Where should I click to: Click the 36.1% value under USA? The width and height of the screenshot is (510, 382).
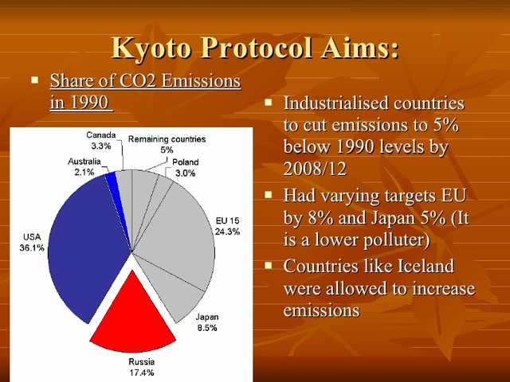tap(31, 248)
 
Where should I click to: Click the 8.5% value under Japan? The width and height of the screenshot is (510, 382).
tap(206, 327)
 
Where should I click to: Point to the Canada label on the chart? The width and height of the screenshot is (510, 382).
tap(101, 135)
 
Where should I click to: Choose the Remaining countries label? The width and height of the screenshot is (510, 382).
tap(167, 139)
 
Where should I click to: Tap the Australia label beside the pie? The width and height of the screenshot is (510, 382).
tap(84, 162)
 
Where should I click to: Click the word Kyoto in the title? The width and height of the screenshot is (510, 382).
tap(152, 47)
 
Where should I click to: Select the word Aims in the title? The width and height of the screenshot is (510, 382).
tap(359, 47)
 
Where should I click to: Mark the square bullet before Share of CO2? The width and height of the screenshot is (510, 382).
tap(34, 80)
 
